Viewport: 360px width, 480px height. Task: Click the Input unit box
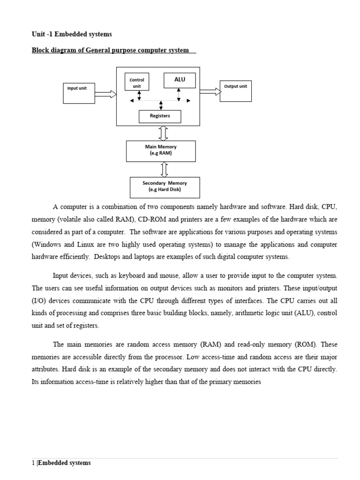[78, 93]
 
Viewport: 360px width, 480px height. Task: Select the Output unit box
[235, 91]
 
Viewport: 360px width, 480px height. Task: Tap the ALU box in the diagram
[180, 80]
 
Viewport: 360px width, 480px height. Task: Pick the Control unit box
[137, 82]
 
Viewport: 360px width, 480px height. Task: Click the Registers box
[160, 116]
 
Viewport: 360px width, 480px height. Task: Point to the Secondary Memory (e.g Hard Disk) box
[165, 187]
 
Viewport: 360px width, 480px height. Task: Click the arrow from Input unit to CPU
[105, 94]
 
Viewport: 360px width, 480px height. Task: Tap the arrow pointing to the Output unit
[210, 92]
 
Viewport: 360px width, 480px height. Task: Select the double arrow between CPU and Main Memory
[163, 133]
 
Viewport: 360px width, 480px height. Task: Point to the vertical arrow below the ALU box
[179, 94]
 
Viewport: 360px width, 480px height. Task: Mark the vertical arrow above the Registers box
[161, 105]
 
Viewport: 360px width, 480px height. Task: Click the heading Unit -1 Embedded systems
[72, 34]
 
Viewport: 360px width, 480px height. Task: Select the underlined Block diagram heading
[110, 50]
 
